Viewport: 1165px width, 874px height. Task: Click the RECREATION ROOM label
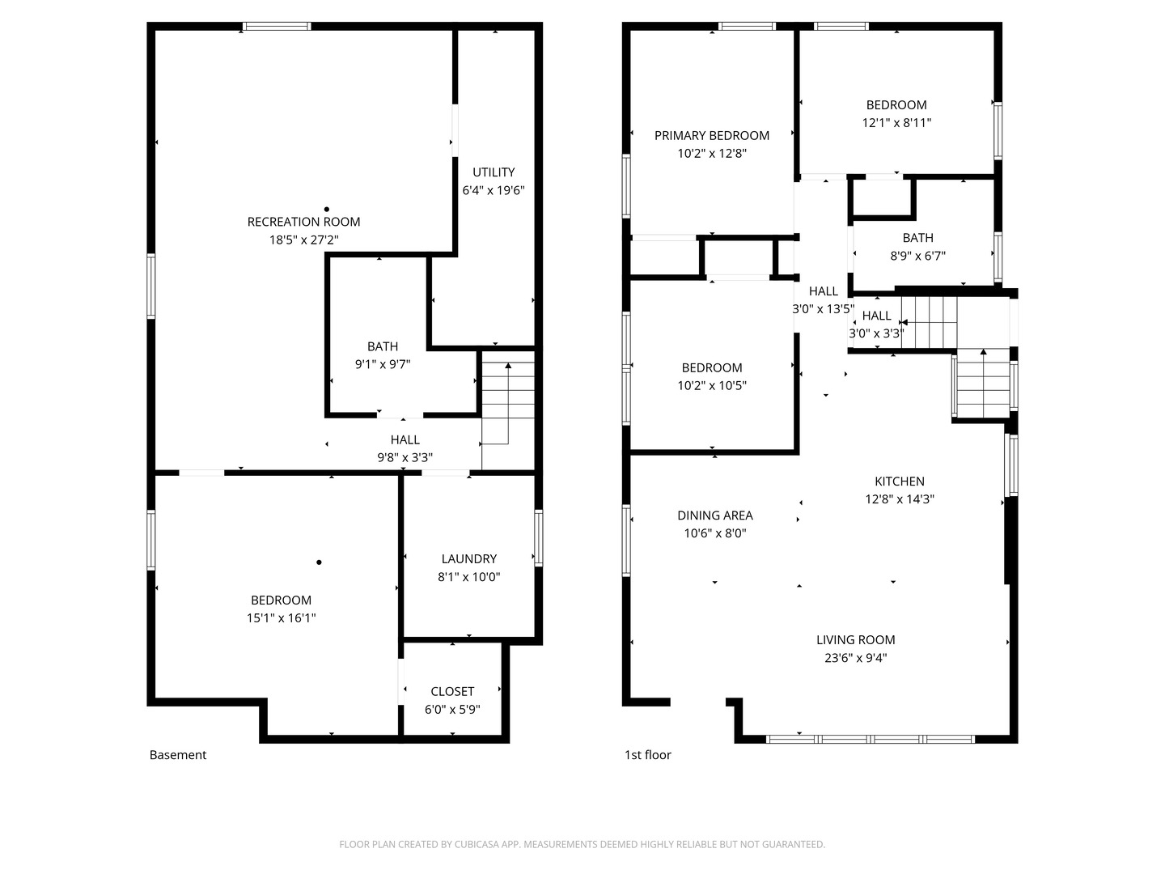pyautogui.click(x=303, y=222)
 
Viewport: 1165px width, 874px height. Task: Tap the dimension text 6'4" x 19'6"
pyautogui.click(x=494, y=190)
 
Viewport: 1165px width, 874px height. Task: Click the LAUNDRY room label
pyautogui.click(x=469, y=558)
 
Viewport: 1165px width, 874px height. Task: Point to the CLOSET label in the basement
pyautogui.click(x=452, y=691)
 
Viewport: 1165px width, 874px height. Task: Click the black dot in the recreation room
pyautogui.click(x=326, y=210)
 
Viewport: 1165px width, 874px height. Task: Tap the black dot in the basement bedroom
pyautogui.click(x=320, y=562)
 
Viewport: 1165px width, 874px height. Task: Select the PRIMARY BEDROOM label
pyautogui.click(x=712, y=135)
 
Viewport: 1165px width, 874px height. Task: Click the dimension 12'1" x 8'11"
pyautogui.click(x=896, y=123)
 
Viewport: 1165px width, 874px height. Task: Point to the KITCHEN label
pyautogui.click(x=900, y=481)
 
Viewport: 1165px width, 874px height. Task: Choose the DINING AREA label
pyautogui.click(x=715, y=515)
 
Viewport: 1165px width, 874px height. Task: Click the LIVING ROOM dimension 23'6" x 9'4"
pyautogui.click(x=856, y=658)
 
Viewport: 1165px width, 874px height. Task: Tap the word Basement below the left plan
pyautogui.click(x=178, y=755)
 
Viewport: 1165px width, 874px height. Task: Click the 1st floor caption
pyautogui.click(x=648, y=755)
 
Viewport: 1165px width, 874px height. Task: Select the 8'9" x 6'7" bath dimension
pyautogui.click(x=918, y=256)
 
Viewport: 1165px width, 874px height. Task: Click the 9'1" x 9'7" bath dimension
pyautogui.click(x=383, y=364)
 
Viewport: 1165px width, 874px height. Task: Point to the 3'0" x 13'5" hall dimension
pyautogui.click(x=823, y=308)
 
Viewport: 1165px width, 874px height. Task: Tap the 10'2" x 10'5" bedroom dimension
pyautogui.click(x=712, y=385)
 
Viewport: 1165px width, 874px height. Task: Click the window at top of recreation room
pyautogui.click(x=277, y=27)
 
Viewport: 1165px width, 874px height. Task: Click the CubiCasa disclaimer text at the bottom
pyautogui.click(x=582, y=844)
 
